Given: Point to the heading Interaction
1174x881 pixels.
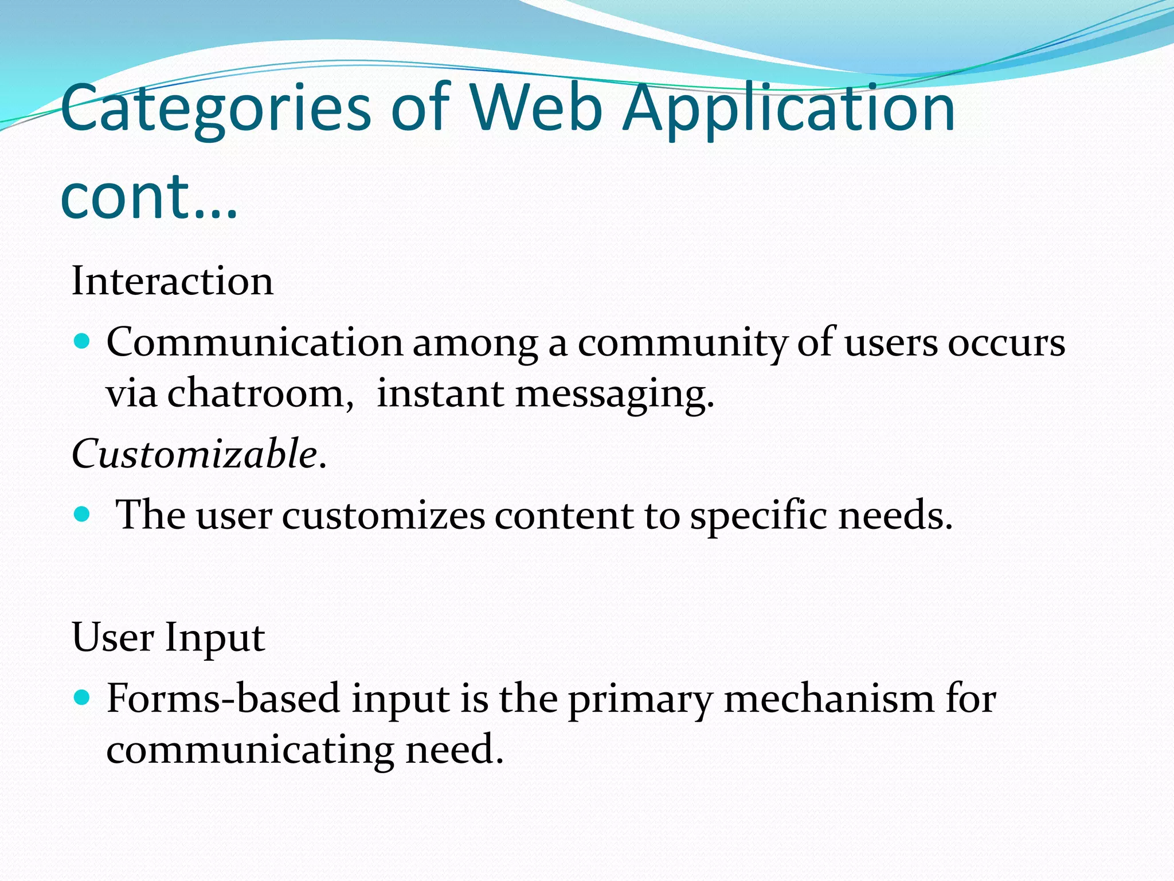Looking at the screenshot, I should coord(173,281).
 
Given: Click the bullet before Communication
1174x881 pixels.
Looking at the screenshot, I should coord(83,342).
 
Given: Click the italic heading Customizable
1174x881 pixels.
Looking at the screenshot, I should coord(198,454).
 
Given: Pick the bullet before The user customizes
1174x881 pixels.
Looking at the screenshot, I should coord(83,513).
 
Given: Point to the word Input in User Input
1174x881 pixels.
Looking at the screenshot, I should coord(214,638).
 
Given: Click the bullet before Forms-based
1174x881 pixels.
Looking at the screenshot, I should coord(83,698).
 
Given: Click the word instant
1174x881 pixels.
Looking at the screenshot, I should coord(440,394).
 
